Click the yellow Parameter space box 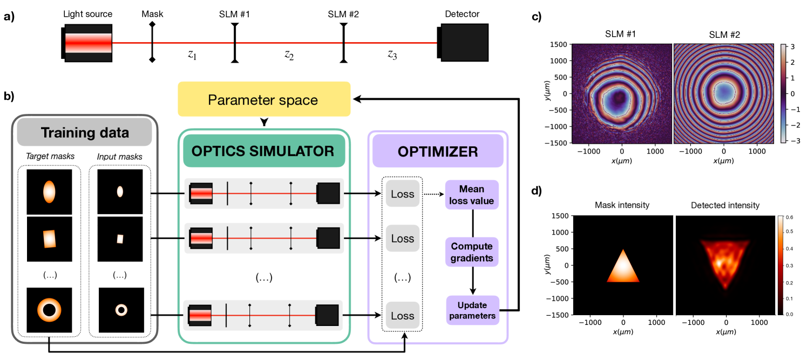click(x=264, y=100)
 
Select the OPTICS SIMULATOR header click(x=264, y=151)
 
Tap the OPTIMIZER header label click(x=438, y=151)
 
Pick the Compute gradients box click(x=471, y=252)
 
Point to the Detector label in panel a click(x=462, y=14)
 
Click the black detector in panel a click(x=463, y=41)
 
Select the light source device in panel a click(x=87, y=42)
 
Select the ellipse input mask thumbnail click(x=120, y=192)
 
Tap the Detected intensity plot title click(x=725, y=205)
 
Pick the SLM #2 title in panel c click(x=724, y=35)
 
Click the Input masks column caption click(x=119, y=157)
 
